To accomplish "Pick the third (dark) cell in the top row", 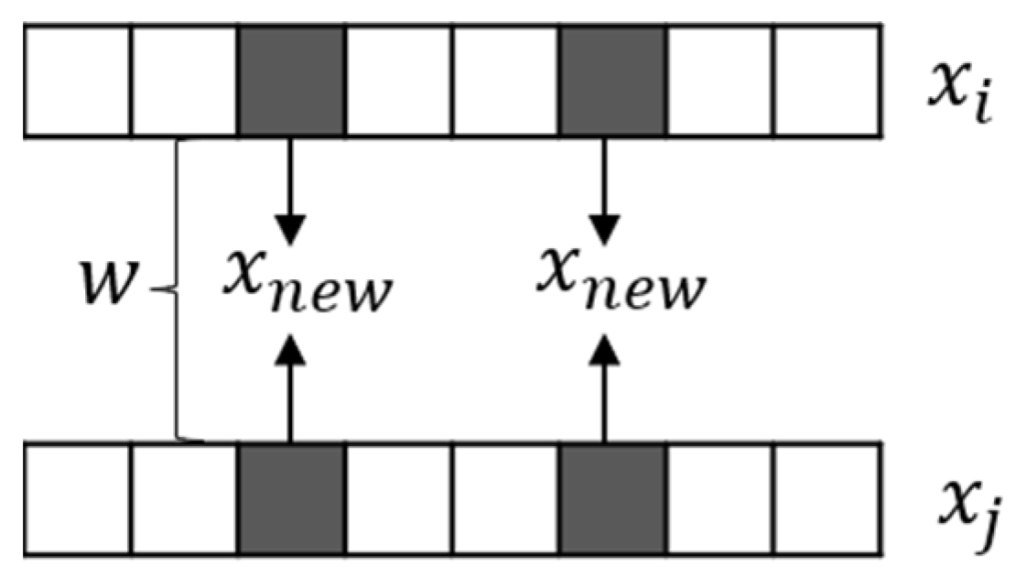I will tap(291, 82).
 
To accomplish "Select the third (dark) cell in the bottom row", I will tap(291, 498).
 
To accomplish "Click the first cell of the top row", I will tap(78, 82).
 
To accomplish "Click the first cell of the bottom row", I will tap(78, 498).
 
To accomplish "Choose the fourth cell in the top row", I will tap(399, 82).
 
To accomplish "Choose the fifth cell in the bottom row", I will tap(506, 498).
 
